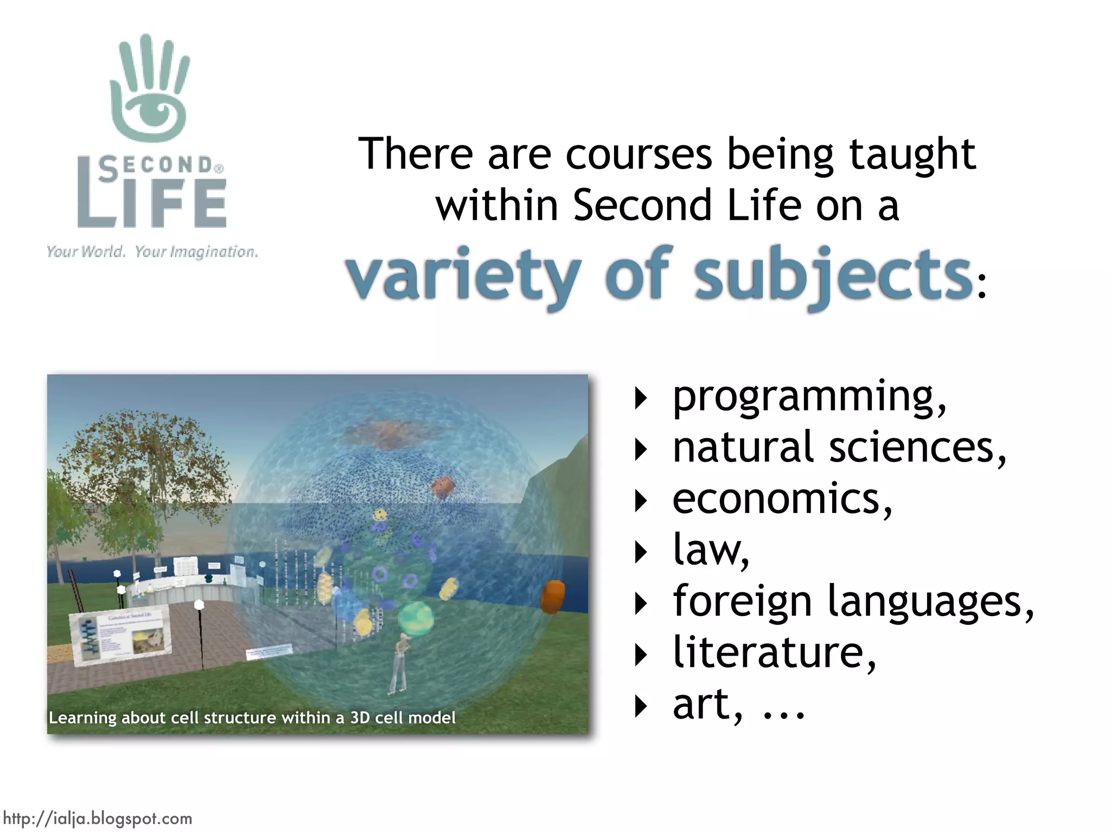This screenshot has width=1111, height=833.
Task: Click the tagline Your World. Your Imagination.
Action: click(x=152, y=252)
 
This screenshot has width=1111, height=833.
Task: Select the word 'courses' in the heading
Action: click(x=638, y=155)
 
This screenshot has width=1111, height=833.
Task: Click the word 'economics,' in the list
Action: click(x=782, y=499)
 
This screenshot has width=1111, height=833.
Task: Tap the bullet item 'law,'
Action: click(x=711, y=550)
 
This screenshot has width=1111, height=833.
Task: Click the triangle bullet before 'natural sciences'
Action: click(x=641, y=450)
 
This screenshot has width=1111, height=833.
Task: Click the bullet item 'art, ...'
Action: click(x=738, y=704)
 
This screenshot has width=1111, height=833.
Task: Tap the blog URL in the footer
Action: click(x=98, y=818)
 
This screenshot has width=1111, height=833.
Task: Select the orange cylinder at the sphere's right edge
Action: click(x=553, y=597)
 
